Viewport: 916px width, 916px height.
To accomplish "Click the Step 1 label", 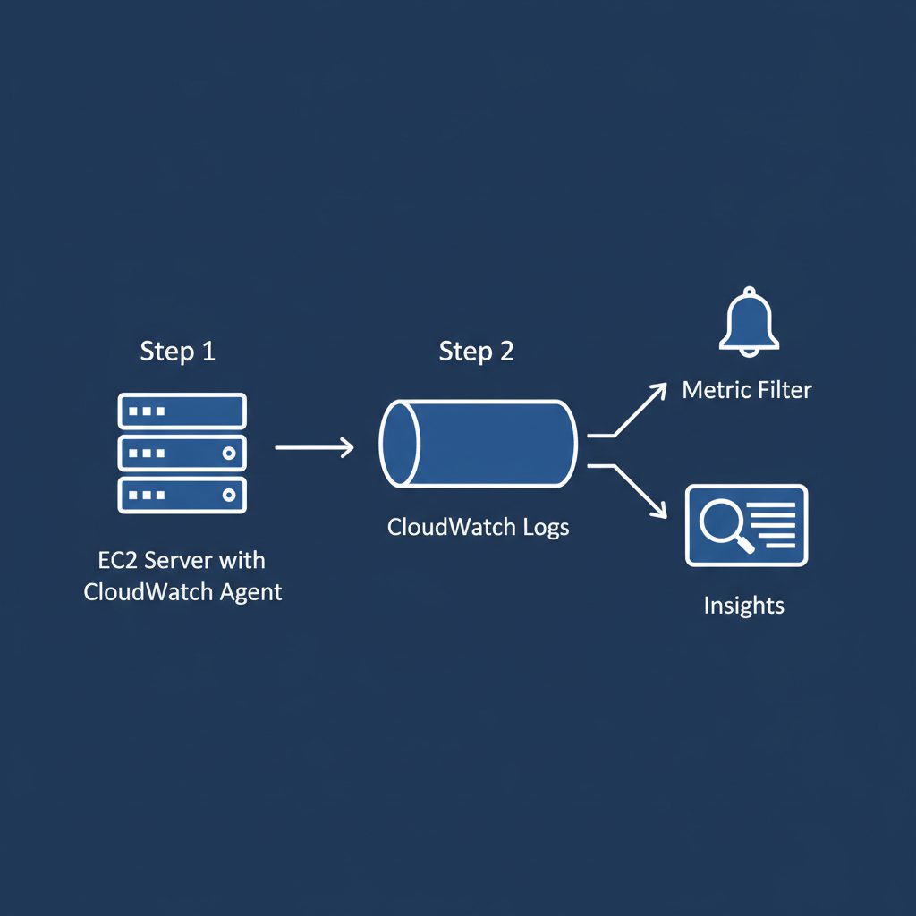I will tap(177, 352).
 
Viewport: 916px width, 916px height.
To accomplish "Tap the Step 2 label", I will tap(476, 352).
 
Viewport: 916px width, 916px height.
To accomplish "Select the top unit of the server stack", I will tap(182, 411).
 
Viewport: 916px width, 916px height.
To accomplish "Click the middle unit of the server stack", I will tap(182, 454).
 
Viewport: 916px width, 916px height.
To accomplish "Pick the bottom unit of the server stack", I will tap(182, 494).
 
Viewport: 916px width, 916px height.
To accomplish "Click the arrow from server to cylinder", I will tap(314, 445).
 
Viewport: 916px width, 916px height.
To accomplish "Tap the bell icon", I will tap(750, 322).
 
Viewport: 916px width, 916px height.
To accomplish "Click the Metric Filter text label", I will tap(746, 390).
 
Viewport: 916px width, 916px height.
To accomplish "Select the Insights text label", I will tap(743, 606).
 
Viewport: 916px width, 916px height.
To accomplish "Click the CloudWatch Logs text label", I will tap(478, 527).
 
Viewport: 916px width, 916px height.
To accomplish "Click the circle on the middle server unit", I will tap(228, 454).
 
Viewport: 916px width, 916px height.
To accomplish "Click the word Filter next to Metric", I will tap(785, 390).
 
